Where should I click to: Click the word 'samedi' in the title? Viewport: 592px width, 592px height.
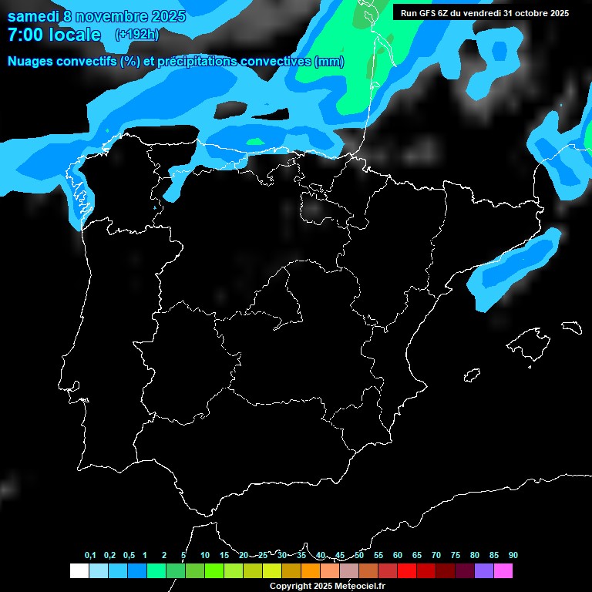pos(32,16)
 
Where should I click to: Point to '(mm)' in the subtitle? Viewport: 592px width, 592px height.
pos(329,62)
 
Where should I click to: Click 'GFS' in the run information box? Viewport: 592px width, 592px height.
pos(435,13)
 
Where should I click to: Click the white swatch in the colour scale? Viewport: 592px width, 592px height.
pos(79,571)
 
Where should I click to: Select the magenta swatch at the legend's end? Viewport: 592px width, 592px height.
pos(503,571)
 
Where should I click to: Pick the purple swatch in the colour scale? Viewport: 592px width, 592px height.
pos(484,571)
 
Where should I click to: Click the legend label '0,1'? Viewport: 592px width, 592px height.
pos(89,556)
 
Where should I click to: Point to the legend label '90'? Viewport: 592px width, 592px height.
pos(513,556)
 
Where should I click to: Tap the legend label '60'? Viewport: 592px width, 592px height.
pos(398,556)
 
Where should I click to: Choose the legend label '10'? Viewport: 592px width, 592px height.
pos(204,556)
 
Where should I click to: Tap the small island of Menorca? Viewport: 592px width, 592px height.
pos(571,327)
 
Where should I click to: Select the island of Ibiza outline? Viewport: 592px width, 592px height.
pos(472,375)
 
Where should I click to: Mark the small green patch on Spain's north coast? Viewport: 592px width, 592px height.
pos(255,141)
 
